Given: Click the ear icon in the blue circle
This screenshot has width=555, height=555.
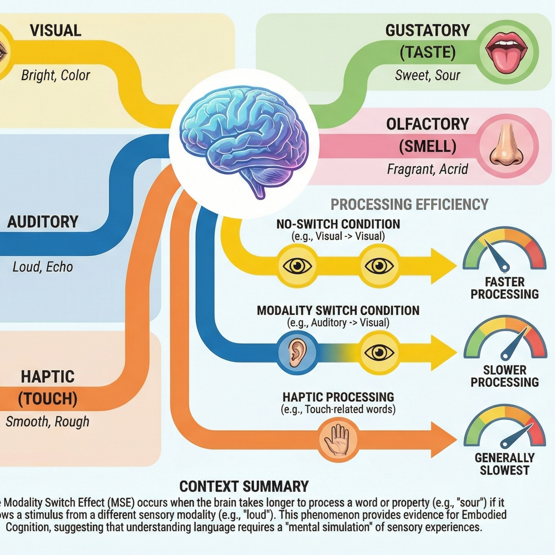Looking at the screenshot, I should click(x=297, y=352).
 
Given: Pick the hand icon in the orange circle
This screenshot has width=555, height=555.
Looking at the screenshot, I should click(x=338, y=440).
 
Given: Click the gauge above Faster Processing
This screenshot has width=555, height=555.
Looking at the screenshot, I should click(x=504, y=250).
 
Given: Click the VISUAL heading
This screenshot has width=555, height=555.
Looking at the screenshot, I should click(x=55, y=31).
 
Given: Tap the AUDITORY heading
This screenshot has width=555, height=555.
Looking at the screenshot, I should click(x=43, y=222).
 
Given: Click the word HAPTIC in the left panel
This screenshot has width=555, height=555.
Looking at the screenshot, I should click(x=48, y=377).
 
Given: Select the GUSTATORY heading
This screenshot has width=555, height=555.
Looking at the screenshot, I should click(x=427, y=31).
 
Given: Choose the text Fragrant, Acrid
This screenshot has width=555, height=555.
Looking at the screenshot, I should click(x=427, y=169).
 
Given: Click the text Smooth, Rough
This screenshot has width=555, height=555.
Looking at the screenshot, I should click(x=48, y=421).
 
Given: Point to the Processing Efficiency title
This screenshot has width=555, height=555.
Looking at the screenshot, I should click(x=409, y=204).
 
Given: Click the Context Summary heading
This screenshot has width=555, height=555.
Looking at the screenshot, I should click(x=244, y=486).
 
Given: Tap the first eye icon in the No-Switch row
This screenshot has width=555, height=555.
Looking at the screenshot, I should click(x=297, y=266).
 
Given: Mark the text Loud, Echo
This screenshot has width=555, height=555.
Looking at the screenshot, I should click(x=43, y=267).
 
